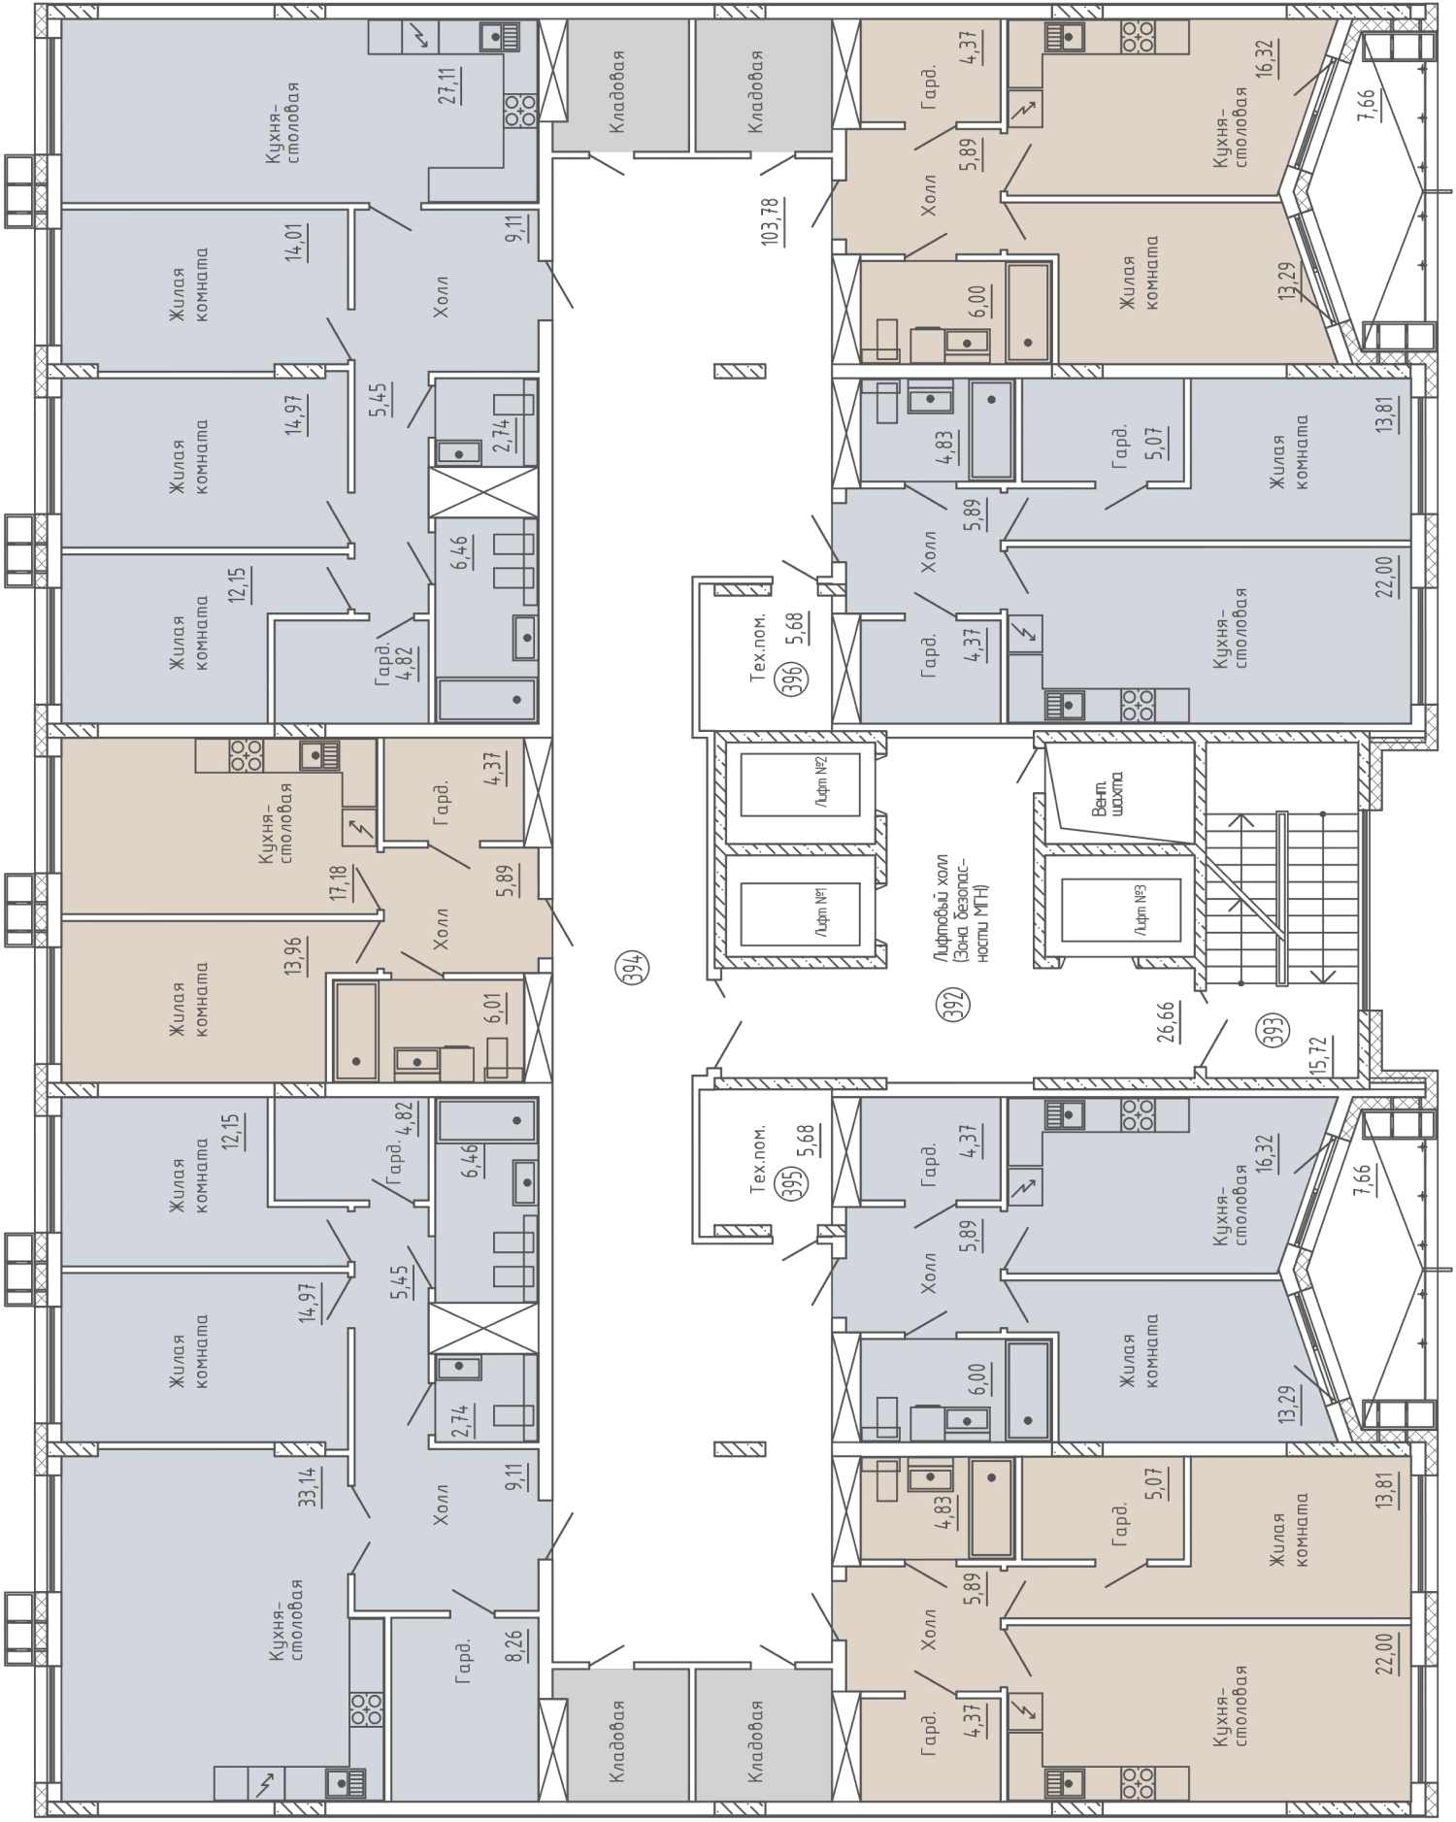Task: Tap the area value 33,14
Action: (x=310, y=1485)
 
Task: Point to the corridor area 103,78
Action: (x=772, y=222)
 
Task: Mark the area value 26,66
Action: (x=1167, y=1022)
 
